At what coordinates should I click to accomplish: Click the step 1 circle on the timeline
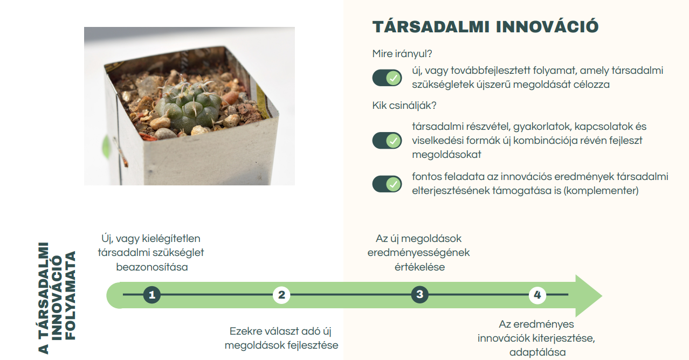tap(152, 295)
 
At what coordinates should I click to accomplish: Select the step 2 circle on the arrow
tap(281, 295)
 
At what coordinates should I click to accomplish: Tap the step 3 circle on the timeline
tap(419, 295)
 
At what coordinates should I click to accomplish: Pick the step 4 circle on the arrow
tap(537, 295)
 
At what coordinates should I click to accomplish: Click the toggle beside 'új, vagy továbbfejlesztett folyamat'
tap(387, 78)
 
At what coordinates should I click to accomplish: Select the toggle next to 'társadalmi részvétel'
tap(387, 141)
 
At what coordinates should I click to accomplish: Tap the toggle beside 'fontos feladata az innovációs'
tap(387, 184)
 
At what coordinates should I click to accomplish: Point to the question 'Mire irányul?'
tap(403, 54)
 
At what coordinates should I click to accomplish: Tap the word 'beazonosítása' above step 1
tap(152, 267)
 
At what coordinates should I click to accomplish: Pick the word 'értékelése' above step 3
tap(419, 267)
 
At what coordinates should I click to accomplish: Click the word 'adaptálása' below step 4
tap(538, 352)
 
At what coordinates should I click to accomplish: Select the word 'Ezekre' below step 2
tap(246, 331)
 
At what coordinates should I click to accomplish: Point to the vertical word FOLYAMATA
tap(70, 295)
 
